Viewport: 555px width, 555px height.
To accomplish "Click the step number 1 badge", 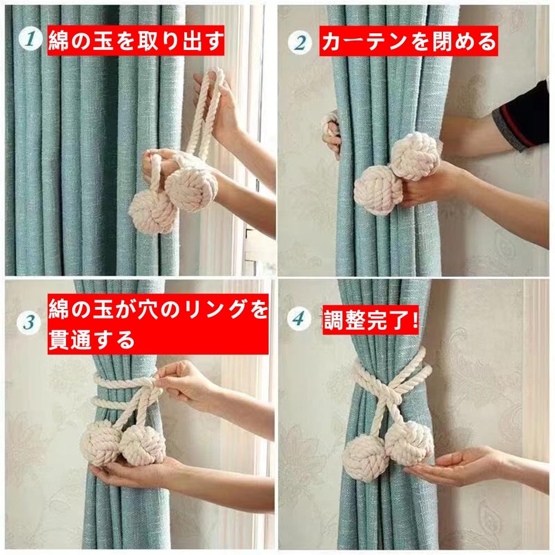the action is [x=31, y=39].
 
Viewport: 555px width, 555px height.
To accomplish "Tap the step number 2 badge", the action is [x=300, y=43].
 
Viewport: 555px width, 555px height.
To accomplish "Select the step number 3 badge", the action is [x=29, y=322].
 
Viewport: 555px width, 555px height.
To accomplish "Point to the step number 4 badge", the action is [x=299, y=319].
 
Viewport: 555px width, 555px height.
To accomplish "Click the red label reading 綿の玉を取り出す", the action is [x=136, y=41].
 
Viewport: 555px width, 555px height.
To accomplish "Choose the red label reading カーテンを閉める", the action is [x=409, y=41].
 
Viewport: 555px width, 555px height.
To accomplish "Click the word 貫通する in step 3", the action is [x=92, y=340].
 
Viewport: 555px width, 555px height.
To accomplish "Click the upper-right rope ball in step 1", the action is [x=191, y=188].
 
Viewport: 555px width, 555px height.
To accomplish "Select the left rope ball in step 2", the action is [x=377, y=190].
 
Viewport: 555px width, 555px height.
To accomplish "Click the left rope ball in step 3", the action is [x=100, y=445].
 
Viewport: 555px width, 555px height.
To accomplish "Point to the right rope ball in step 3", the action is [x=143, y=445].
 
